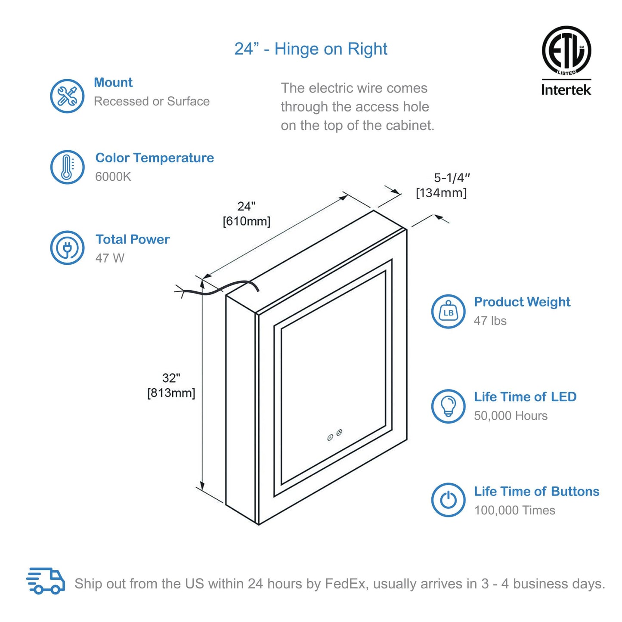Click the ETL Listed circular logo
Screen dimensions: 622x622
pyautogui.click(x=566, y=50)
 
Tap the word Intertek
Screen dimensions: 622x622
pyautogui.click(x=566, y=90)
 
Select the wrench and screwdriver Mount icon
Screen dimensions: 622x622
pyautogui.click(x=67, y=96)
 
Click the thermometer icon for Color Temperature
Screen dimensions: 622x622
pyautogui.click(x=67, y=167)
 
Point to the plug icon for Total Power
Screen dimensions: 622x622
pyautogui.click(x=67, y=248)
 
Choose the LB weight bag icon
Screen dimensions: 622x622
pyautogui.click(x=448, y=312)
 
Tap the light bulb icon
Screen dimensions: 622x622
pyautogui.click(x=448, y=406)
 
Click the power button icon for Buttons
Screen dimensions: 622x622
pyautogui.click(x=448, y=500)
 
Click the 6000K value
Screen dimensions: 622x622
pyautogui.click(x=113, y=177)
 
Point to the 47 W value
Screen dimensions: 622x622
pyautogui.click(x=110, y=258)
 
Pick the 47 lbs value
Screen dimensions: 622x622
pyautogui.click(x=490, y=321)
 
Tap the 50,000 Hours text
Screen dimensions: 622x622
pyautogui.click(x=511, y=416)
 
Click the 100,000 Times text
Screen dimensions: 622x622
pyautogui.click(x=514, y=511)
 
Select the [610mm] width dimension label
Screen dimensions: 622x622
pyautogui.click(x=246, y=221)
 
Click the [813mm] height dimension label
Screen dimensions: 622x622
pyautogui.click(x=171, y=393)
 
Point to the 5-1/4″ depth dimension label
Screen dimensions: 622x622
pyautogui.click(x=452, y=178)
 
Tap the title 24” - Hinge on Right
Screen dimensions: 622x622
pyautogui.click(x=311, y=49)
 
